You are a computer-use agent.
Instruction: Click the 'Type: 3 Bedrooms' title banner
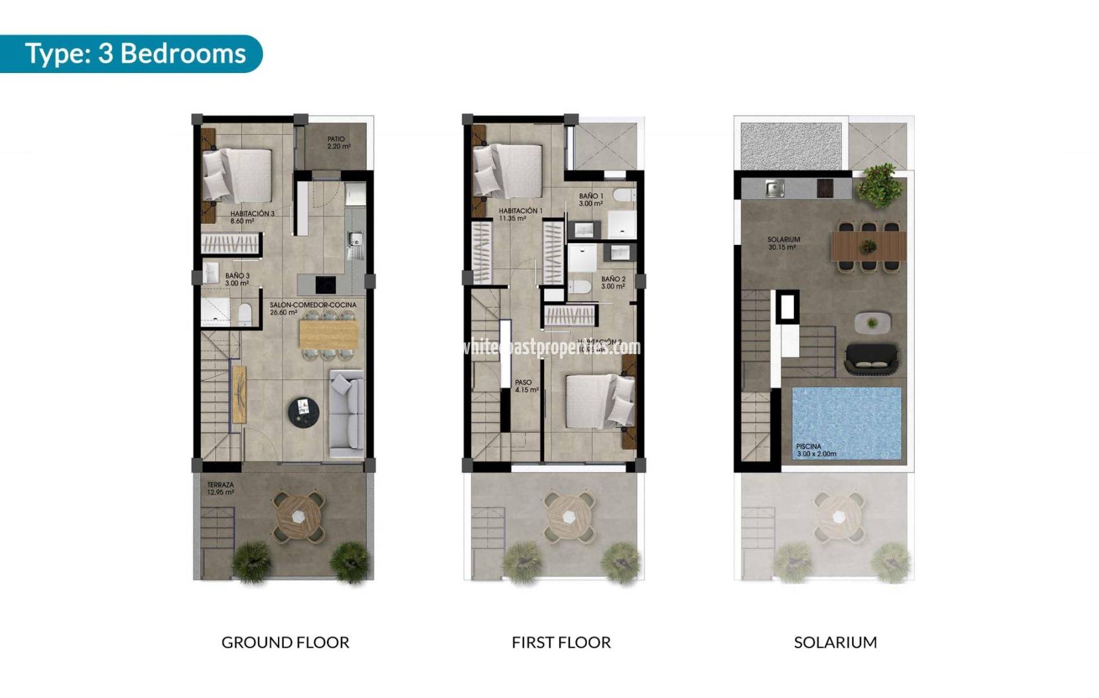[135, 53]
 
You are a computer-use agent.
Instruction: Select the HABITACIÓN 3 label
[252, 217]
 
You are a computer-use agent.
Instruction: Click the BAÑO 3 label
[237, 279]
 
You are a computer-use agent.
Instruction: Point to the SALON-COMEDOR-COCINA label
[312, 308]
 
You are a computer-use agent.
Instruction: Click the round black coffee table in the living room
[303, 412]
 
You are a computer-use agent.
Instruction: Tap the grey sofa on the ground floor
[347, 411]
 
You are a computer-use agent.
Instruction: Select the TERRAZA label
[220, 488]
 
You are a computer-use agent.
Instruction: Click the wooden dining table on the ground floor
[328, 335]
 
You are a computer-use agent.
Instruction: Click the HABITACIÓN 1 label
[520, 214]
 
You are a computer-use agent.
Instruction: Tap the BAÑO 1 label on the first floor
[591, 199]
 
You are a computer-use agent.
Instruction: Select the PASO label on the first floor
[525, 386]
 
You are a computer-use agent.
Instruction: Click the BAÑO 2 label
[613, 282]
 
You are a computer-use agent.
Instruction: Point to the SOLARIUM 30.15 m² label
[783, 243]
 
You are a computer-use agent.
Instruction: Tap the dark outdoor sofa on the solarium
[871, 359]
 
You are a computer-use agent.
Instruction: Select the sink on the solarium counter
[774, 188]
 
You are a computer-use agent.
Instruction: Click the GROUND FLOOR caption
[285, 642]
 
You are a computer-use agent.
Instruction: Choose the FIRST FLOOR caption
[560, 642]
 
